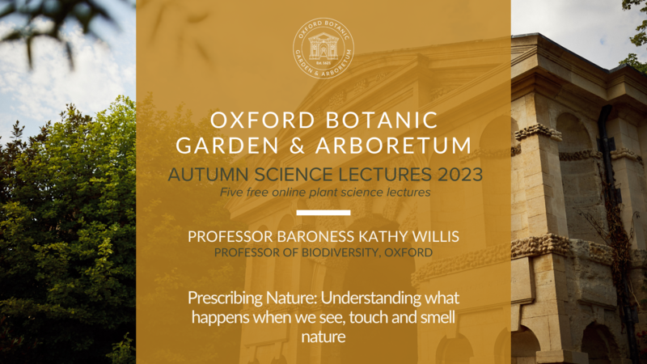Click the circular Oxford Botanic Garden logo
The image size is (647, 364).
(323, 49)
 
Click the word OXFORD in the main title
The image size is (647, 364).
(263, 121)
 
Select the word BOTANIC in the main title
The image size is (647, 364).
(381, 121)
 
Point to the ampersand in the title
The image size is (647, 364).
(297, 146)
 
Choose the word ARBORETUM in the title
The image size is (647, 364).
(393, 146)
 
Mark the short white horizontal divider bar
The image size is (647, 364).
(323, 213)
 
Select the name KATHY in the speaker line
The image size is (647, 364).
(383, 236)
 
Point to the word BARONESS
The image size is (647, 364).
(315, 236)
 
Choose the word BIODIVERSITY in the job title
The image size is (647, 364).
(341, 252)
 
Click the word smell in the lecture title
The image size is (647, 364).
(438, 317)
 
